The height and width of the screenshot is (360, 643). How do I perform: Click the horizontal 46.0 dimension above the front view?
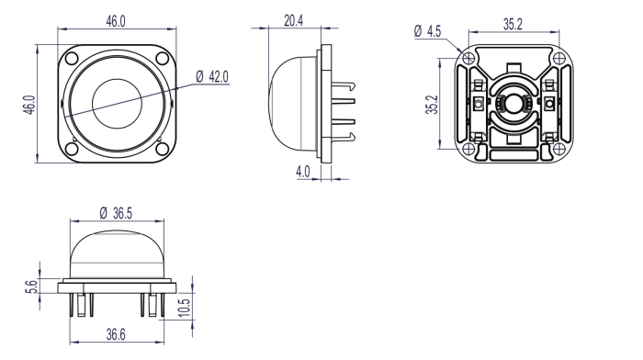(115, 20)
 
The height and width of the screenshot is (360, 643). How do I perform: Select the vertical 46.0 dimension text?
(29, 104)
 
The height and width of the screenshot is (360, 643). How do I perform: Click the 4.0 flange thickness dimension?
(302, 171)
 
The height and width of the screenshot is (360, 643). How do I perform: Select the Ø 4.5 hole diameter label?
(428, 31)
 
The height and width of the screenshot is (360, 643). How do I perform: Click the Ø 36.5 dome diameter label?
(116, 212)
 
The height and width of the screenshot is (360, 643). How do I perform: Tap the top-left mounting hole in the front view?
(72, 60)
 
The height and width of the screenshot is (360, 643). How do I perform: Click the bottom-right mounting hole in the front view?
(161, 148)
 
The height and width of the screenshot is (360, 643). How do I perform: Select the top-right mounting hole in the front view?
(161, 60)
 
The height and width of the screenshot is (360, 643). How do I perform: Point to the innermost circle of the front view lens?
(116, 102)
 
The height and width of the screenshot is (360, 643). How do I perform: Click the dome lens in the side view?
(292, 103)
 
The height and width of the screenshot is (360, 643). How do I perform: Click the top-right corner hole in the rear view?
(555, 58)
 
